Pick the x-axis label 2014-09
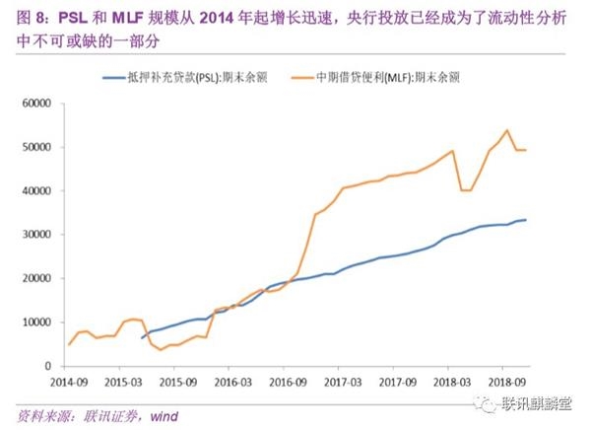pyautogui.click(x=69, y=380)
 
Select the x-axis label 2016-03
pyautogui.click(x=230, y=380)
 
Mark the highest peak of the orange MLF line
pyautogui.click(x=506, y=130)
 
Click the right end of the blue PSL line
pyautogui.click(x=526, y=220)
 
